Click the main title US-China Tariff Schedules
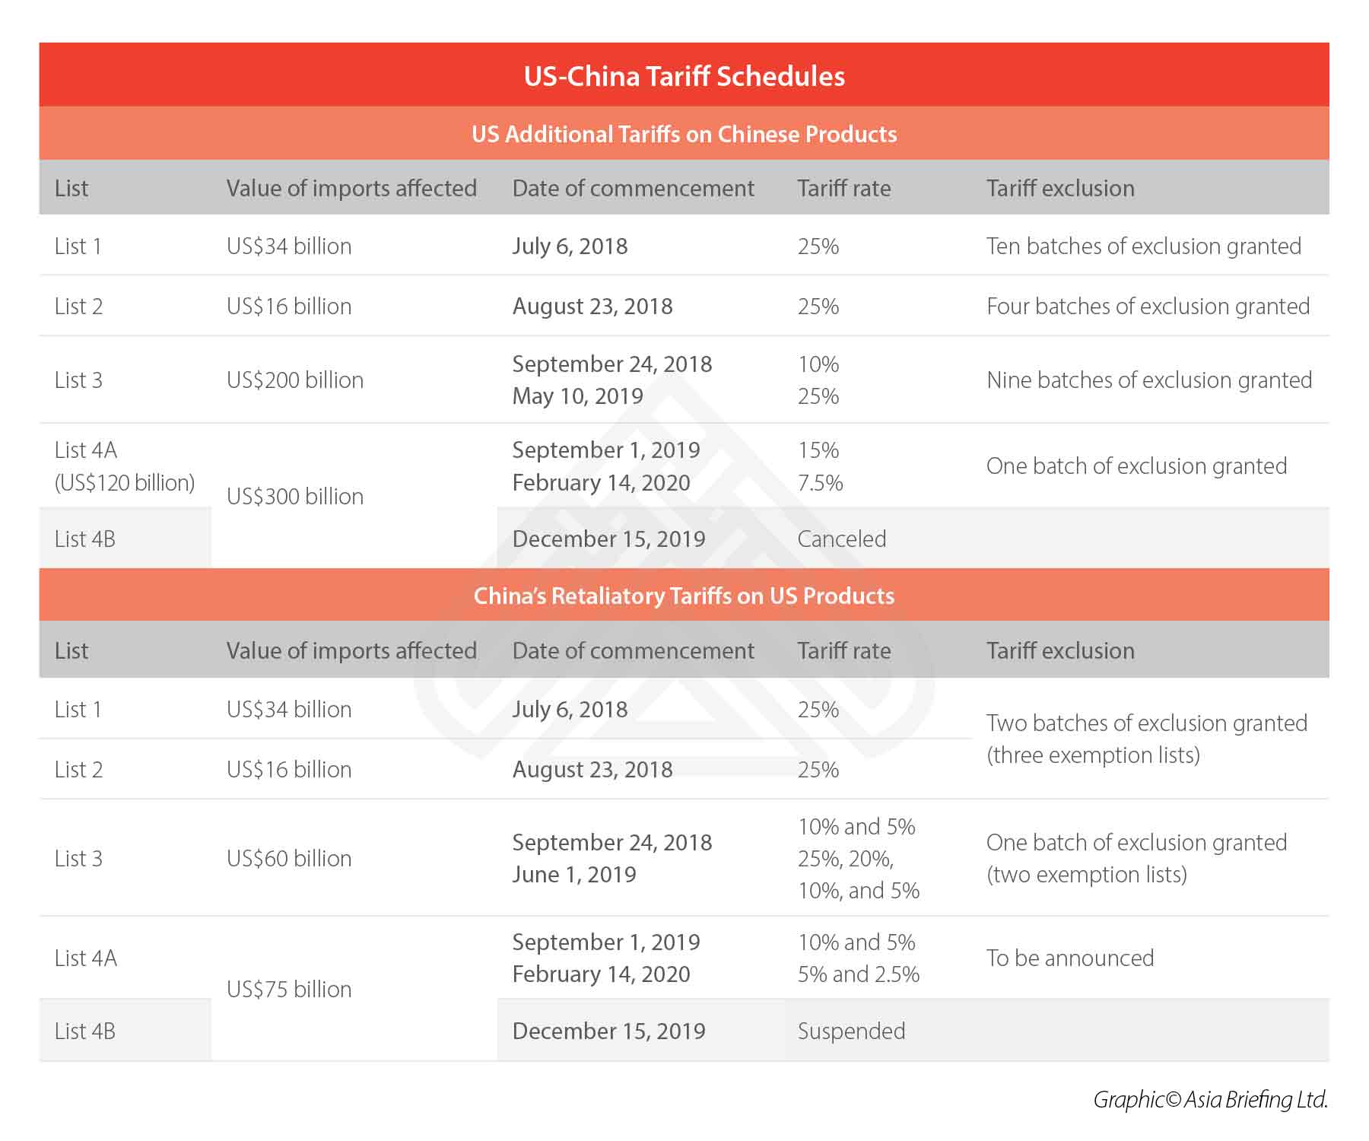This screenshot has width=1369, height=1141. (x=684, y=76)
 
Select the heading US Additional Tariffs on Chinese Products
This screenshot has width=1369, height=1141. (x=684, y=134)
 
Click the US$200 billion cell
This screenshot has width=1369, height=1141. (x=295, y=380)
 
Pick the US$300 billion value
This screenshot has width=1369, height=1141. (x=295, y=496)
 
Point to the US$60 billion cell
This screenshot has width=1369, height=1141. (x=289, y=858)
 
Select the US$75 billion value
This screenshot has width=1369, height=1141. (x=289, y=989)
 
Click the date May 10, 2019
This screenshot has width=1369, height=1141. (x=577, y=396)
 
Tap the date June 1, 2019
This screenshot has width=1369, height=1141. (x=574, y=874)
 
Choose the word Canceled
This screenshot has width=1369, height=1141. (x=842, y=539)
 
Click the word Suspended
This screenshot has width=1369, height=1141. (x=851, y=1031)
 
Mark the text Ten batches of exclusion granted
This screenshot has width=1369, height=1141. (x=1143, y=246)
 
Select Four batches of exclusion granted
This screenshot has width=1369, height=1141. (x=1148, y=306)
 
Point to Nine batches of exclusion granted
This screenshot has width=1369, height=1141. (x=1149, y=380)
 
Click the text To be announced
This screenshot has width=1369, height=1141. (x=1070, y=958)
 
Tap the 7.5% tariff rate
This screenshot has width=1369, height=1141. (x=820, y=482)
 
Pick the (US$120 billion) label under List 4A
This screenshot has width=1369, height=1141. (x=125, y=482)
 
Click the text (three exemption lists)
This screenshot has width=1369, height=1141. (x=1093, y=755)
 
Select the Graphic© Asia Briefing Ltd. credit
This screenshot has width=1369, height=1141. (x=1210, y=1099)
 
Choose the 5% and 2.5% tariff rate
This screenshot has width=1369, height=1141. (x=859, y=974)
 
